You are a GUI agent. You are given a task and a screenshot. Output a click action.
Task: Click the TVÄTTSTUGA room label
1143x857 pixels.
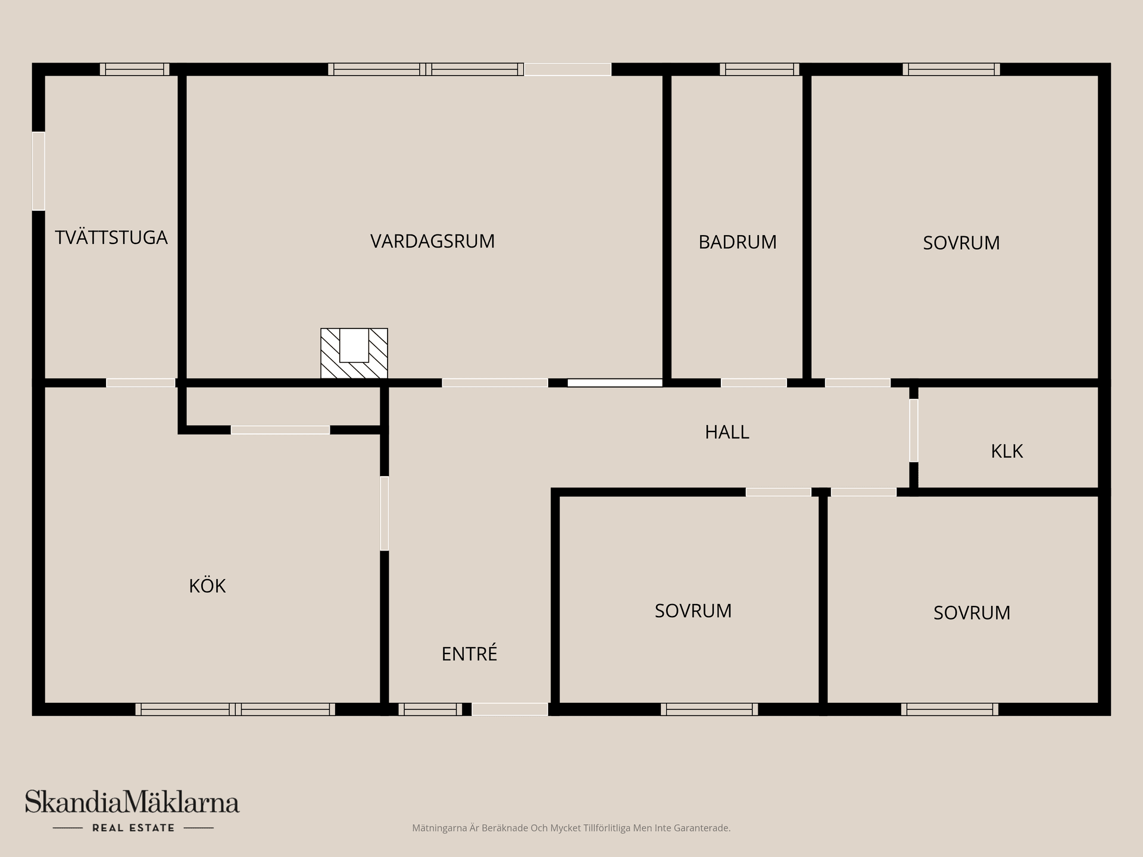pyautogui.click(x=111, y=237)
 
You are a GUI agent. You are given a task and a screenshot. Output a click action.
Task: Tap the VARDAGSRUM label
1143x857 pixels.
pyautogui.click(x=432, y=241)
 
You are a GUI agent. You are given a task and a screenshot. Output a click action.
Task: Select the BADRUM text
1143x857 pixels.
pyautogui.click(x=738, y=242)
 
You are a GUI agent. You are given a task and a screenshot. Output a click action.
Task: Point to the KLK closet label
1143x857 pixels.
pyautogui.click(x=1007, y=451)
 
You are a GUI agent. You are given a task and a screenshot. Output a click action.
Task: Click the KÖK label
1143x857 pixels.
pyautogui.click(x=207, y=586)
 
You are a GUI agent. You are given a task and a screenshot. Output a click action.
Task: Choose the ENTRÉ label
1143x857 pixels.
pyautogui.click(x=469, y=654)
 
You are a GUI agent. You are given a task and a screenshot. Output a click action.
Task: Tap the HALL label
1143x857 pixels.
pyautogui.click(x=727, y=432)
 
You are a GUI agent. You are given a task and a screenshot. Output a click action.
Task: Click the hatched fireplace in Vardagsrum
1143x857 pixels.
pyautogui.click(x=354, y=354)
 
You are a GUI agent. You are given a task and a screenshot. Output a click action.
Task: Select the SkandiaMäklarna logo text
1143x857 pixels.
pyautogui.click(x=132, y=802)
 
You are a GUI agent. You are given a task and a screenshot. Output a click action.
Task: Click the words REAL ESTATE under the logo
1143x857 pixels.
pyautogui.click(x=133, y=828)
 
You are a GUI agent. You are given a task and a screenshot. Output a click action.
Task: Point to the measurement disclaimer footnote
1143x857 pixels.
pyautogui.click(x=571, y=828)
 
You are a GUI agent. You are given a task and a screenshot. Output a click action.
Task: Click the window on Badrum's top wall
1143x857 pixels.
pyautogui.click(x=759, y=69)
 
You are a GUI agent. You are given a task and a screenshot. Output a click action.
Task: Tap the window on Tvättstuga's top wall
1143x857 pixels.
pyautogui.click(x=135, y=69)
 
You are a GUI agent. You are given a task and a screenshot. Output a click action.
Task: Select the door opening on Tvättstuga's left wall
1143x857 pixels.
pyautogui.click(x=38, y=171)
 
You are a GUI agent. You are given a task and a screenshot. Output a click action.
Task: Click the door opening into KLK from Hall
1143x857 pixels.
pyautogui.click(x=913, y=430)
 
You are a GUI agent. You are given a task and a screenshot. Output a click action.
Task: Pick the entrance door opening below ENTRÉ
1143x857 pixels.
pyautogui.click(x=510, y=709)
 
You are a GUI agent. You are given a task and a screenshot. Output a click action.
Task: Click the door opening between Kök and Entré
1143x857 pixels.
pyautogui.click(x=385, y=513)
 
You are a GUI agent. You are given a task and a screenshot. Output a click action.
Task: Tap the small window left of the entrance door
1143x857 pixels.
pyautogui.click(x=430, y=709)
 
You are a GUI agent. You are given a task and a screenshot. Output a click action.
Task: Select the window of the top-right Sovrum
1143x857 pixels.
pyautogui.click(x=951, y=69)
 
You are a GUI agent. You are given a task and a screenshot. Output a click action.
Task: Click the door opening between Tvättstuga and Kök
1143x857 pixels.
pyautogui.click(x=140, y=383)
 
